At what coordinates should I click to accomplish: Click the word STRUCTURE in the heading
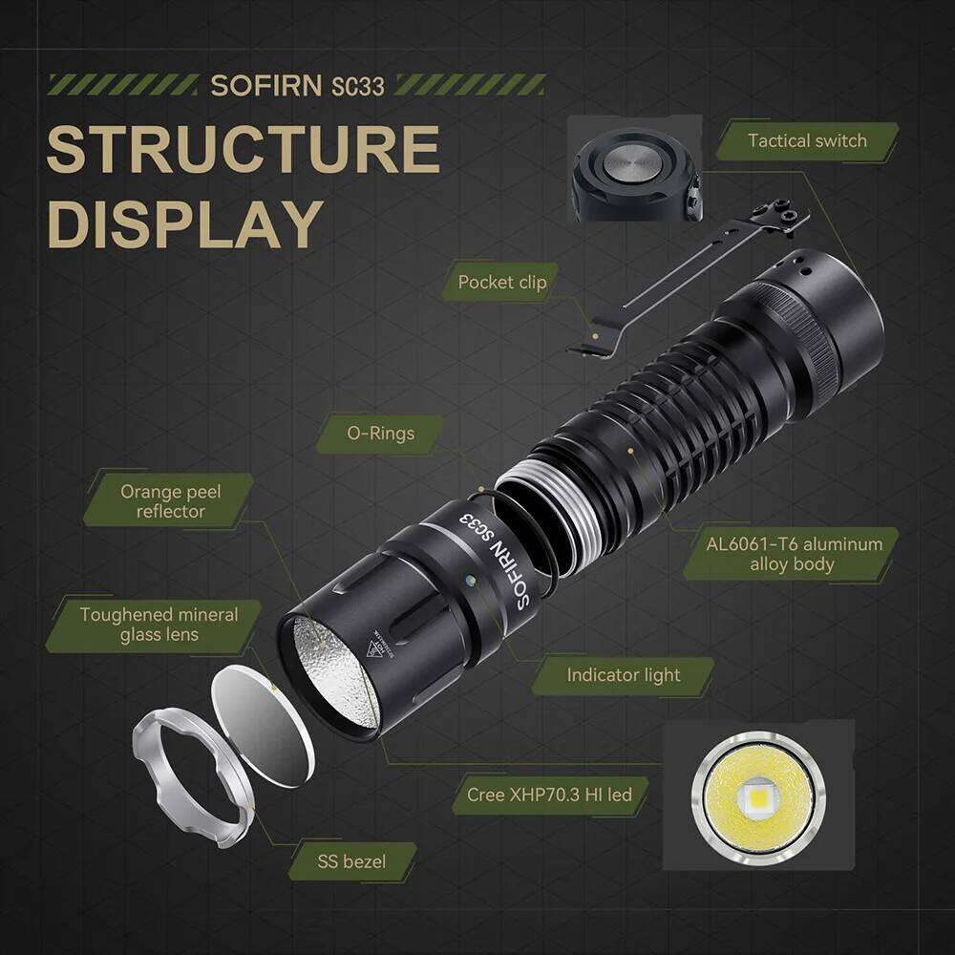tap(243, 149)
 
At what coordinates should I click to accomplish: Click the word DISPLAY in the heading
tap(184, 223)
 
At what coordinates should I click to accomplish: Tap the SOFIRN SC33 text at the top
tap(297, 85)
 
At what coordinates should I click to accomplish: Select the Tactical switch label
tap(807, 141)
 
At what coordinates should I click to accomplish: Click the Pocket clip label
tap(502, 282)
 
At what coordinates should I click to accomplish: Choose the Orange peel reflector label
tap(170, 501)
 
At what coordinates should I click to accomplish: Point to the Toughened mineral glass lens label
tap(159, 625)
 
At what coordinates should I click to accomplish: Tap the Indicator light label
tap(623, 675)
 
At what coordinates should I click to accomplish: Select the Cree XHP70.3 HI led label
tap(549, 794)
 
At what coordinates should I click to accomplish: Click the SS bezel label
tap(351, 861)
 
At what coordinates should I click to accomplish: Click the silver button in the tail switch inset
tap(631, 163)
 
